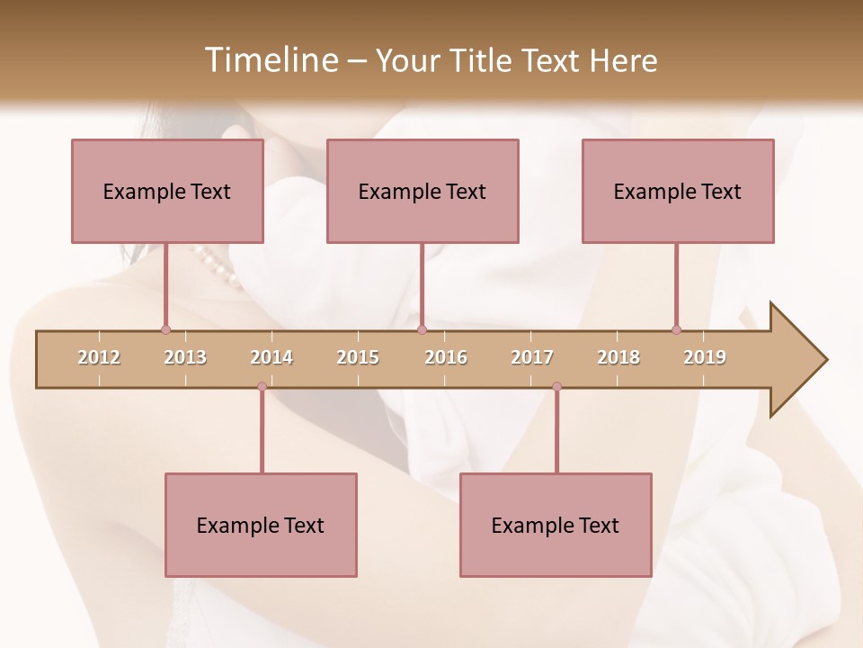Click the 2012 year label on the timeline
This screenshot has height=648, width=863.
click(99, 357)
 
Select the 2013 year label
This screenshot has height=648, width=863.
click(185, 357)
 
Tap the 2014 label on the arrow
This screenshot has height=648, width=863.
click(271, 357)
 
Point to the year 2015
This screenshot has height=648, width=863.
click(358, 357)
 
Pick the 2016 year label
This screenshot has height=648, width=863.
click(446, 357)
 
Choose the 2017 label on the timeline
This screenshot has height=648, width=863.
click(532, 357)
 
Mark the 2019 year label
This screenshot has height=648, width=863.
click(705, 357)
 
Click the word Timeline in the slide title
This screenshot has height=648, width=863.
click(269, 60)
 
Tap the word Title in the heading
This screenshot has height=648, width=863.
click(483, 60)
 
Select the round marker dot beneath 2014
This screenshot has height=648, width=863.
click(262, 386)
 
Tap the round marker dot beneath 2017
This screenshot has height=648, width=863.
click(556, 386)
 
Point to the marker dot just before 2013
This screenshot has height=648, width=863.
click(165, 329)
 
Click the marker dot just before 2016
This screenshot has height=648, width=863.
click(422, 329)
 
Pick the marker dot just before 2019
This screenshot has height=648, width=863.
click(676, 329)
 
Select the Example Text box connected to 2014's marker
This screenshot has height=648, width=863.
click(261, 525)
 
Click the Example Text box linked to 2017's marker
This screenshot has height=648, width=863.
click(556, 525)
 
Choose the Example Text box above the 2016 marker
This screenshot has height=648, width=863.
click(423, 191)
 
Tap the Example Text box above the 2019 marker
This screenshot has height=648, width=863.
click(678, 191)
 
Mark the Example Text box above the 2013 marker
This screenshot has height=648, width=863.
click(167, 191)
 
